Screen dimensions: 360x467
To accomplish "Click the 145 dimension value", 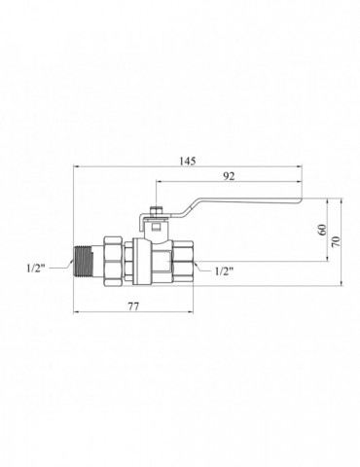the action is click(188, 161).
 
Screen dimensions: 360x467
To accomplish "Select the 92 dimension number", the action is click(229, 176).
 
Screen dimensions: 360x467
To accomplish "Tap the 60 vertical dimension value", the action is click(322, 230).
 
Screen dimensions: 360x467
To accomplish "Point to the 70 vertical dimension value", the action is click(336, 241).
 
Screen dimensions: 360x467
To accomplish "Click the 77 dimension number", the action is click(133, 306).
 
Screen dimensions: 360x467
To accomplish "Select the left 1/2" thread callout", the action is click(36, 269).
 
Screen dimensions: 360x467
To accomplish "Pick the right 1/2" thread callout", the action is click(224, 271).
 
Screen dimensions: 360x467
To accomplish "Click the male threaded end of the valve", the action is click(82, 262).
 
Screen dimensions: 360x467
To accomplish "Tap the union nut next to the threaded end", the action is click(113, 262).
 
